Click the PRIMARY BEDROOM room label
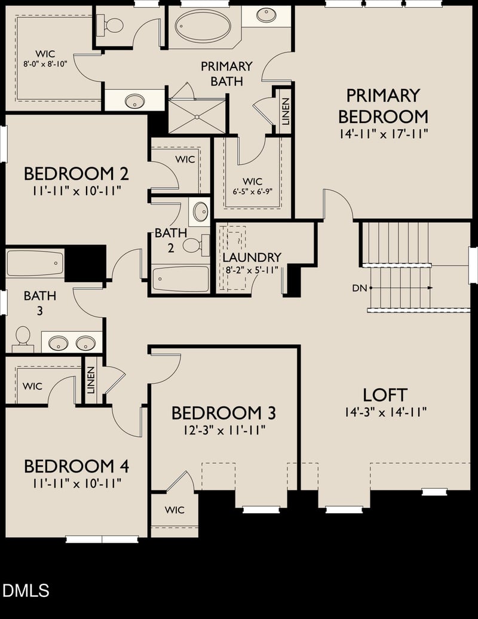[383, 105]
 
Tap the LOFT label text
[385, 394]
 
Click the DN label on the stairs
[359, 288]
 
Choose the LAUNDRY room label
[252, 257]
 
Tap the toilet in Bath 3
[23, 336]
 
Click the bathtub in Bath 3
[35, 263]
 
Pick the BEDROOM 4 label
[76, 466]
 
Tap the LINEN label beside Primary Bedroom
[286, 111]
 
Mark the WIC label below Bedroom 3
[174, 510]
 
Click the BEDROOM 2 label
[76, 174]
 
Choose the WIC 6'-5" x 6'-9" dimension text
[252, 192]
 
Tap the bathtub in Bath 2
[180, 278]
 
